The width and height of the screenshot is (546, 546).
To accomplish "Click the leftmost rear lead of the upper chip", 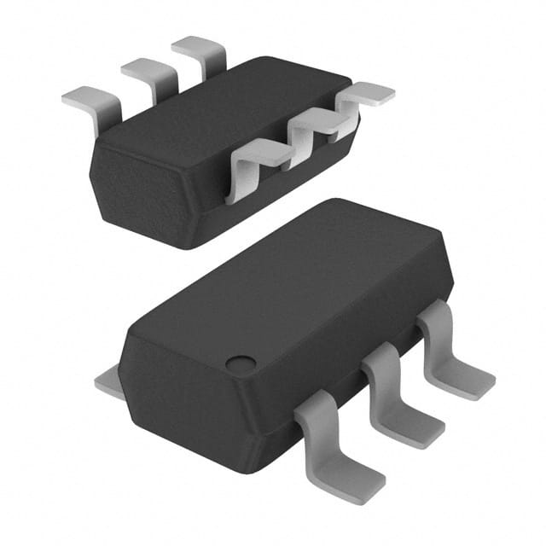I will point(90,102).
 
